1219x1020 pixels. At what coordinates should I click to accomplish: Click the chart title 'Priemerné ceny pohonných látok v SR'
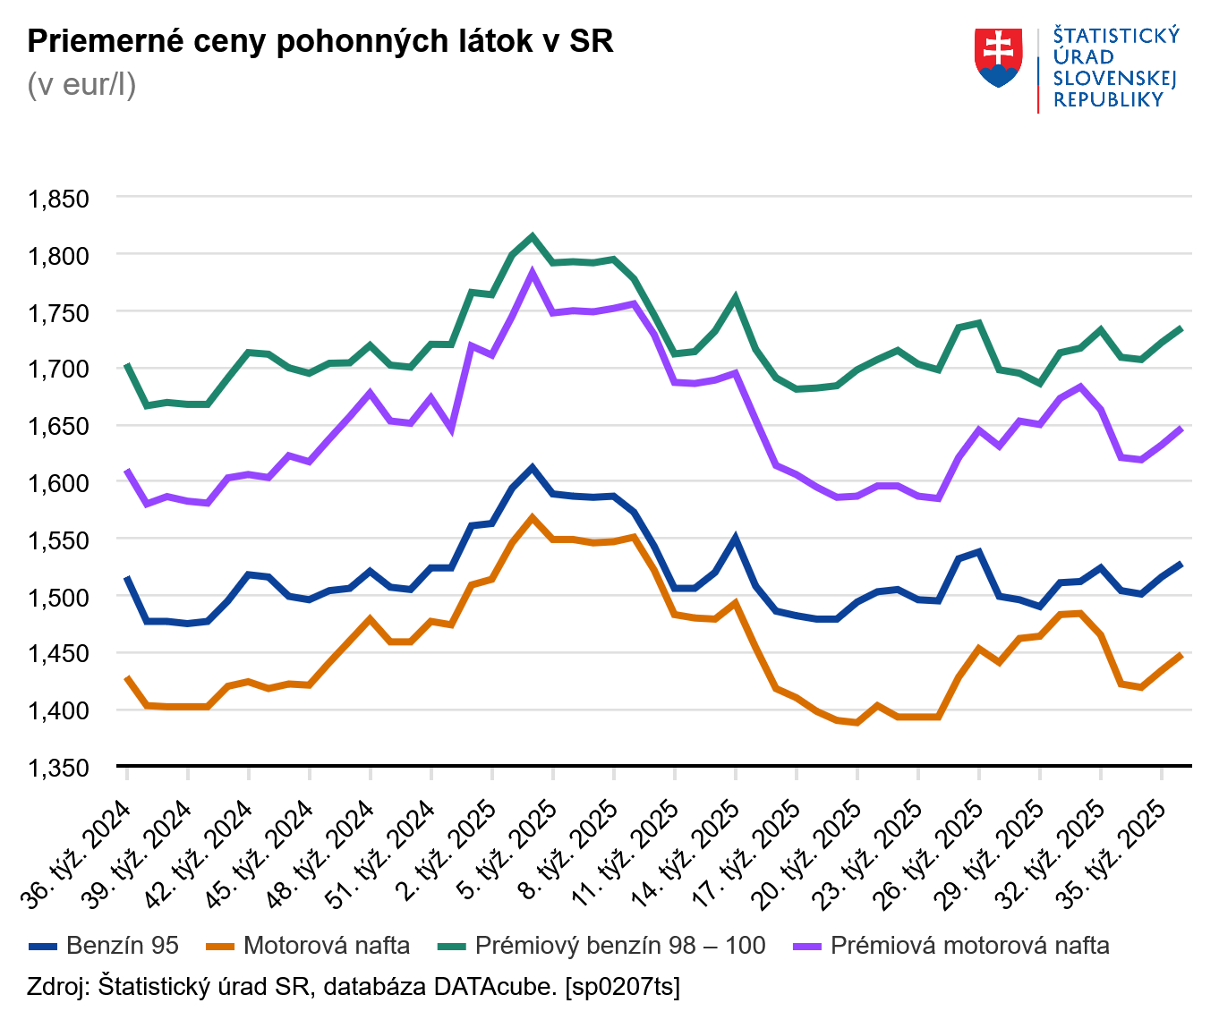coord(320,41)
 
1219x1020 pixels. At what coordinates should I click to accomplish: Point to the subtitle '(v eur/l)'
coord(81,85)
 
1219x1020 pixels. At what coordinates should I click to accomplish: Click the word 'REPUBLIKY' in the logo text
coord(1108,100)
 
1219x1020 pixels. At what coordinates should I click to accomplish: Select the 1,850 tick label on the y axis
coord(59,199)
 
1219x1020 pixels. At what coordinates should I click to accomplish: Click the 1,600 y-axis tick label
coord(59,483)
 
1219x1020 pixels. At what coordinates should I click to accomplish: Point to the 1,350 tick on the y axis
coord(59,768)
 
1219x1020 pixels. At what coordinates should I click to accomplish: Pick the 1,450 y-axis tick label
coord(59,654)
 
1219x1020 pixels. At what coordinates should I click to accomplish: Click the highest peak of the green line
coord(533,237)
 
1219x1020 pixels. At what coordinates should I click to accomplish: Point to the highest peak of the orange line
coord(533,517)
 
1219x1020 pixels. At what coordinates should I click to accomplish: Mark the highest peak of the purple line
coord(533,273)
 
